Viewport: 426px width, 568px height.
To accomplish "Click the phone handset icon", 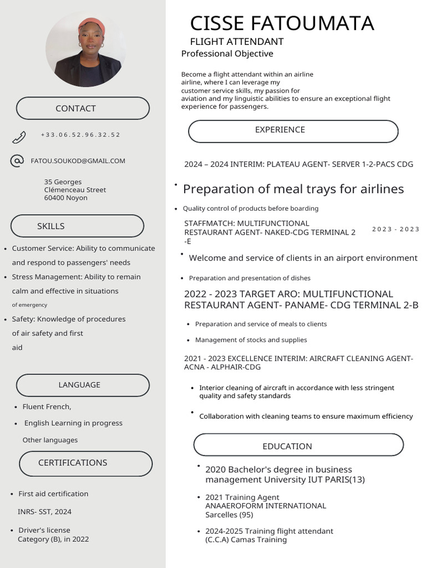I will (19, 136).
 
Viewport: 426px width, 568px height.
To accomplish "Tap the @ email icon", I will (17, 161).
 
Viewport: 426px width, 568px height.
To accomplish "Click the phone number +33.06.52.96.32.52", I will (80, 135).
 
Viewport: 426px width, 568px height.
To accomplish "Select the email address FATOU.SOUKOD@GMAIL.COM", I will (78, 161).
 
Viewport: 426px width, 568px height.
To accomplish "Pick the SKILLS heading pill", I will (77, 226).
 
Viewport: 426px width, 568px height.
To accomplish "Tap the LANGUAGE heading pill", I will (83, 385).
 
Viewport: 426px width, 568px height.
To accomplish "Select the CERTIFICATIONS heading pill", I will (85, 463).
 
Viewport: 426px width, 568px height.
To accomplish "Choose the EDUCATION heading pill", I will (298, 445).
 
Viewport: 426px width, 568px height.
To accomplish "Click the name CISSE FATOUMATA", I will (282, 23).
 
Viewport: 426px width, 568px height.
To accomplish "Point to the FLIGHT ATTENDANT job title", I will (237, 42).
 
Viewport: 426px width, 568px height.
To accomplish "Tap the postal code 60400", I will (54, 198).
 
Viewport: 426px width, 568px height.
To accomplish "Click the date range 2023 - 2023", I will (395, 229).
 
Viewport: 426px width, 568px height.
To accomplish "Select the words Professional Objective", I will (227, 54).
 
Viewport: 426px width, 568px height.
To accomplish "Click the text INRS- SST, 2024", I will (44, 511).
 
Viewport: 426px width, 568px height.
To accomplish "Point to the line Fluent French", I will (47, 407).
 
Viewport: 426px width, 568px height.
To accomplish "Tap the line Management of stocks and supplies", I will (251, 340).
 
